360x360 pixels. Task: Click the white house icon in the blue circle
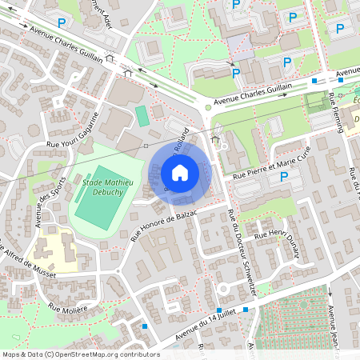[180, 173]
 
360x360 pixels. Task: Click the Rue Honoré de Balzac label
[163, 221]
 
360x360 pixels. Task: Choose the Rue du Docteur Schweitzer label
[239, 247]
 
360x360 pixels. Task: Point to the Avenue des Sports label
[47, 200]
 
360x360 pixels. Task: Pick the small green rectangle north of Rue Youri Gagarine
[142, 116]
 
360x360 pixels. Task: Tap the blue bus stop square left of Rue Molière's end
[145, 326]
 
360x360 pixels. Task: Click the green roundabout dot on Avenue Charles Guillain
[206, 105]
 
